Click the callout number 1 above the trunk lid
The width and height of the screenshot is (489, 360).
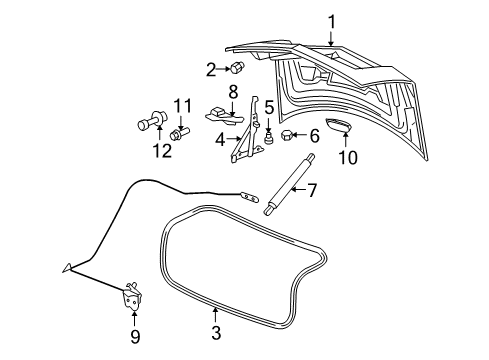point(331,19)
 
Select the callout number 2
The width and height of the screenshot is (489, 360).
point(211,69)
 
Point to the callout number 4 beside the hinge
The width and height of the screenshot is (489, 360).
point(220,139)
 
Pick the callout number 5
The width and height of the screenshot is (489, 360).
point(269,106)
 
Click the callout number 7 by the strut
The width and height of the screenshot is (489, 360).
point(311,190)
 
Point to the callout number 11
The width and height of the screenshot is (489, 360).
point(181,105)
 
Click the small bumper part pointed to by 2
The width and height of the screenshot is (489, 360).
point(239,69)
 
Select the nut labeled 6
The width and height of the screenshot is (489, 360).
point(287,134)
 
